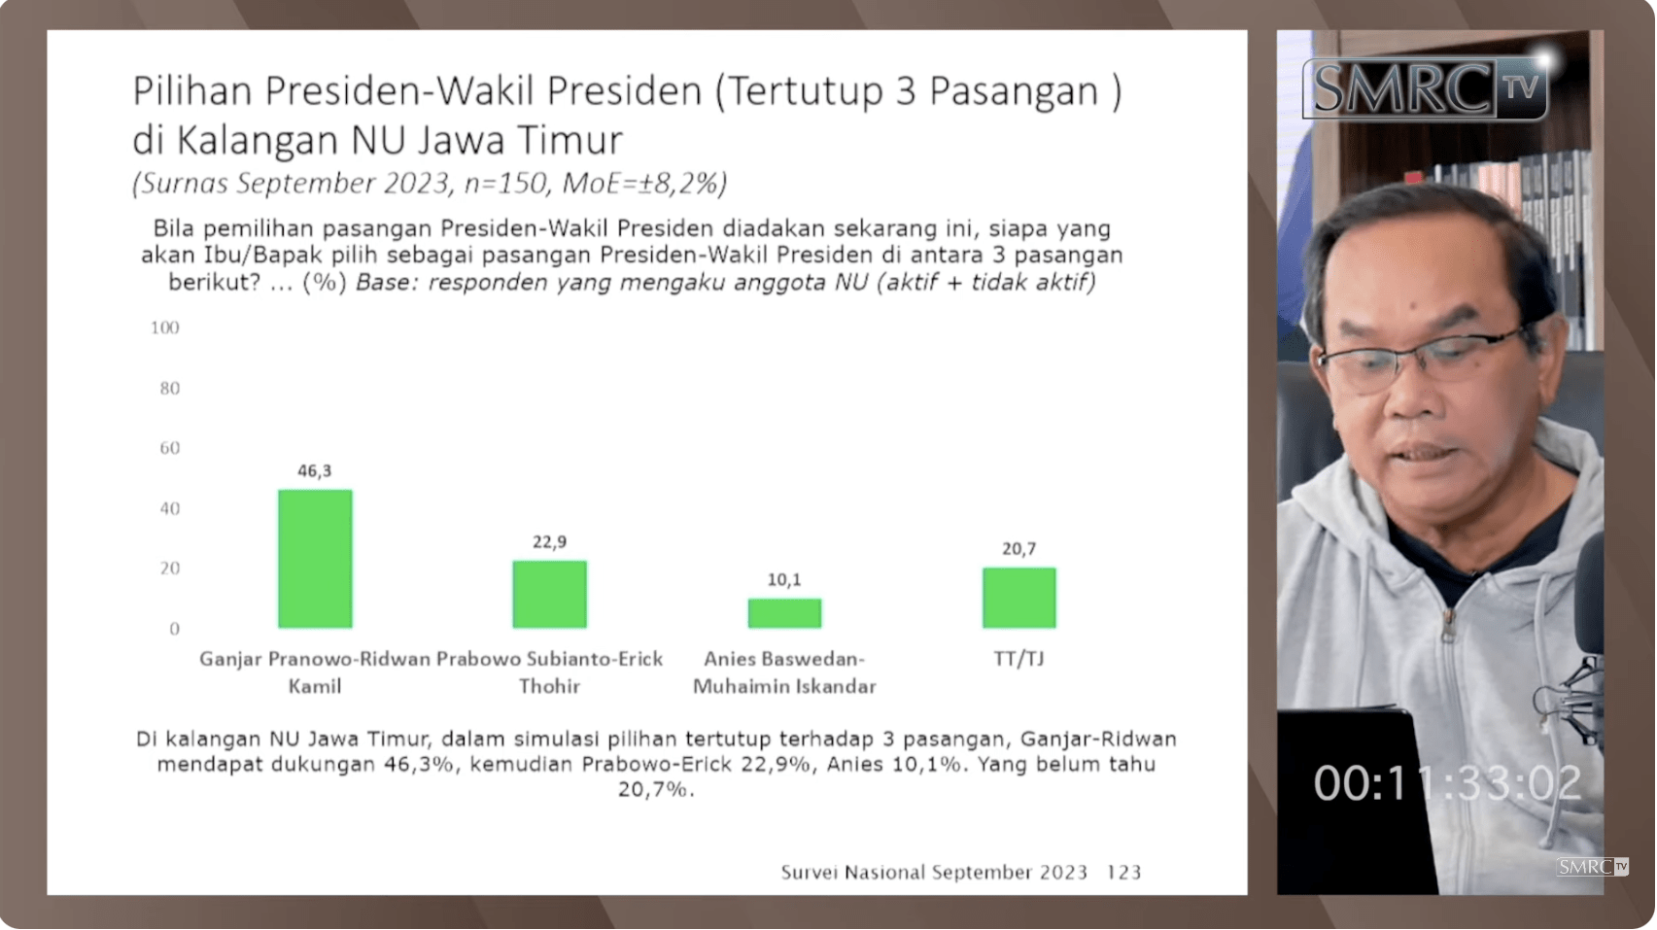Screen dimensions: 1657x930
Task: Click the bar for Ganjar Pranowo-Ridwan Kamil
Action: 315,559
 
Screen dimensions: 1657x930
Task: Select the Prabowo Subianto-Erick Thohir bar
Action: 550,594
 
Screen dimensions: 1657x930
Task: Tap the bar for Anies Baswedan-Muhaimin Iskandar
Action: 784,613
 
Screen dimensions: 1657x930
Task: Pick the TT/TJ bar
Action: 1019,598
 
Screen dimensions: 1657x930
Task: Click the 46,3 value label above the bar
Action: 314,471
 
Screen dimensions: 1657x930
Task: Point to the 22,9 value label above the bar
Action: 550,542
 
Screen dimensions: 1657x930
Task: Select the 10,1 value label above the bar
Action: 784,580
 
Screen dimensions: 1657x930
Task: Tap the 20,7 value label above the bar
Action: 1019,549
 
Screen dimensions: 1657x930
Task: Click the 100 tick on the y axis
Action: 165,327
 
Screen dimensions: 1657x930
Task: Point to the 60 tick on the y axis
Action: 169,448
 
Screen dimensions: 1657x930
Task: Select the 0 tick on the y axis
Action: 175,629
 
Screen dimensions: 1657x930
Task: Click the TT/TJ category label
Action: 1019,659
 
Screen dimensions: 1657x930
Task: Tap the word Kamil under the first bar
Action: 314,687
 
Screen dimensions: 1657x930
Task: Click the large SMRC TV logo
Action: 1425,88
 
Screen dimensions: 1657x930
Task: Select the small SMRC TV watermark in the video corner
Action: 1592,867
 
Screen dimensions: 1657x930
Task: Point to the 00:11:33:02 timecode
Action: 1448,783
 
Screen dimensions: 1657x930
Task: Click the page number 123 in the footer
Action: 1123,873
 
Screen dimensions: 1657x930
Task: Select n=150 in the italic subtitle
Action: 506,184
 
